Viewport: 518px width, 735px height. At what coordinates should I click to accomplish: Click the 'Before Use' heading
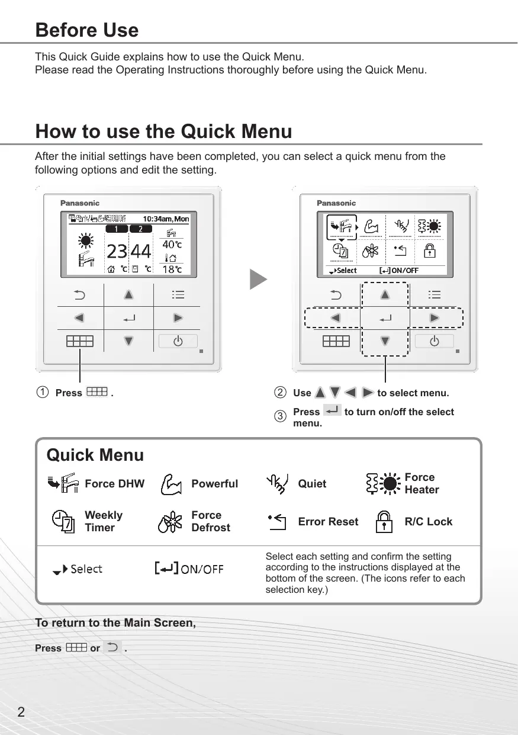[x=87, y=30]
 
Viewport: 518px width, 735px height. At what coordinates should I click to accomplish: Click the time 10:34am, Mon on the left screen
[x=166, y=219]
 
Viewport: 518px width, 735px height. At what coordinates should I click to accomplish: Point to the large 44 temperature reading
[x=141, y=252]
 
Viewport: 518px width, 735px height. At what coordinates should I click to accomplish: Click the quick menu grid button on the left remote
[x=80, y=341]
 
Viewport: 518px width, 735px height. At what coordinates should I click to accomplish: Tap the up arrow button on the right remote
[x=385, y=294]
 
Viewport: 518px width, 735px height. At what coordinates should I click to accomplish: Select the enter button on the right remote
[x=385, y=319]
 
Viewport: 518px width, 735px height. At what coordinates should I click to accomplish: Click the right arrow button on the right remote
[x=435, y=318]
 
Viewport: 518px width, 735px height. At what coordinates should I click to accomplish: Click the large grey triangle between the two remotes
[x=258, y=280]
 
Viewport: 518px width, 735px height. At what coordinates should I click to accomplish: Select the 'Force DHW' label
[x=114, y=484]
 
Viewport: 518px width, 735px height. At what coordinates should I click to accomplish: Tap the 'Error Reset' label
[x=328, y=522]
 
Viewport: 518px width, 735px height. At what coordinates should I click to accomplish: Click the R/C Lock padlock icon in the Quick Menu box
[x=385, y=521]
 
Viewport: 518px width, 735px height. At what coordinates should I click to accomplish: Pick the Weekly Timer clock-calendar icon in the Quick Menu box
[x=63, y=521]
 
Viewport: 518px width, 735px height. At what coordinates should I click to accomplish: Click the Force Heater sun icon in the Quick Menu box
[x=384, y=484]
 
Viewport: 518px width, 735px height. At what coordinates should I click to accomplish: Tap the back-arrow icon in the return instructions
[x=112, y=647]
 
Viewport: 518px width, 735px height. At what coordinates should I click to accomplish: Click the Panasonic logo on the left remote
[x=80, y=203]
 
